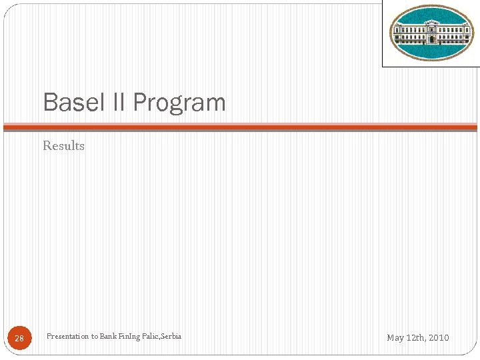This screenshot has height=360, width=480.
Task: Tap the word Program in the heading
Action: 179,103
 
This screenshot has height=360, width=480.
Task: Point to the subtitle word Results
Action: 63,145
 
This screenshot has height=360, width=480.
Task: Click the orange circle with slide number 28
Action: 19,338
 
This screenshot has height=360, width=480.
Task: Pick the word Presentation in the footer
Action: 67,336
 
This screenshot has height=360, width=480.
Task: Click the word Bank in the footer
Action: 108,336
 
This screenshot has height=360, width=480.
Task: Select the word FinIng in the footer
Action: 129,336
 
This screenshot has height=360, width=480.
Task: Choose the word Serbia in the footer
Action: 171,336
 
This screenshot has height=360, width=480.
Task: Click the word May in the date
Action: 395,338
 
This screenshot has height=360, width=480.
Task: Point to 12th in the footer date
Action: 416,338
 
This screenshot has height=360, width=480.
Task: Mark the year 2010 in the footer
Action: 439,338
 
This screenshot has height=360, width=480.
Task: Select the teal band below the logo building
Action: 431,51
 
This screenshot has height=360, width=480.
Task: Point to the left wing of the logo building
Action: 405,33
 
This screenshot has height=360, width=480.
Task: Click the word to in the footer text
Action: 94,336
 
